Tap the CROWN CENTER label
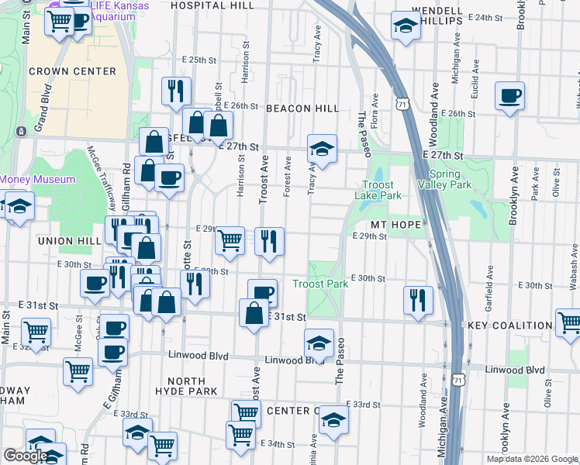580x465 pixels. click(x=72, y=71)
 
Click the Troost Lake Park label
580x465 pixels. click(x=381, y=191)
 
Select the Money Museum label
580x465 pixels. click(x=37, y=179)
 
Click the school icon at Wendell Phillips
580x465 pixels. click(x=404, y=25)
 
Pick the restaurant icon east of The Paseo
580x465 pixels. click(x=418, y=299)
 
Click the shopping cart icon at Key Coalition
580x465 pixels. click(x=568, y=322)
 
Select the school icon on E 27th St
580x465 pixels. click(x=322, y=147)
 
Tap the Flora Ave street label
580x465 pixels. click(x=375, y=110)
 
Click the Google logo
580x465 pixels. click(x=26, y=456)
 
